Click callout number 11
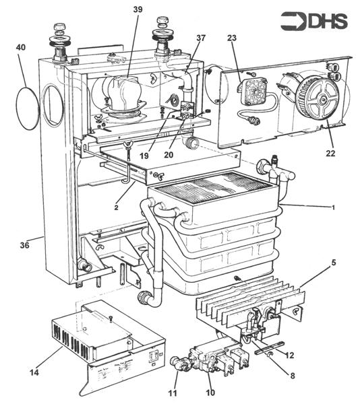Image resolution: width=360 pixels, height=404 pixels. (x=172, y=393)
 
